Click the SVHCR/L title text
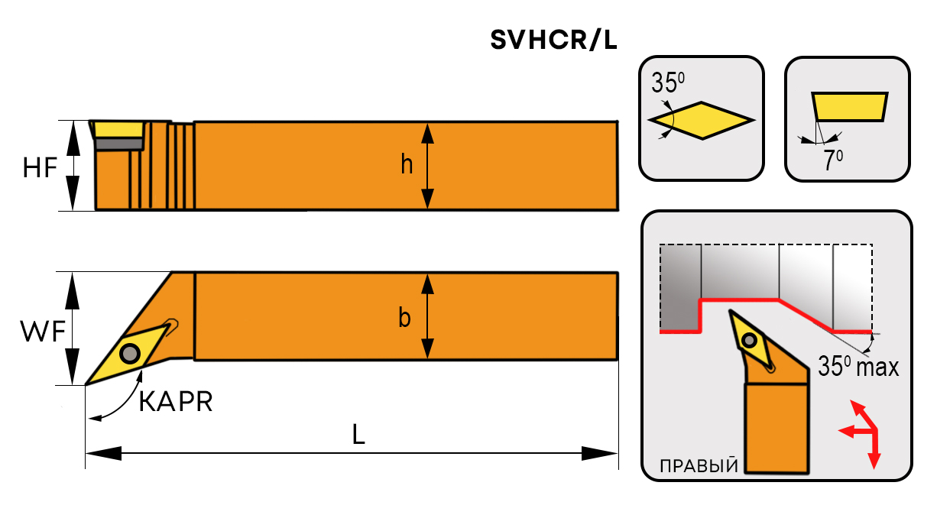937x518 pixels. pyautogui.click(x=553, y=40)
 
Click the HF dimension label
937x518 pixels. pyautogui.click(x=40, y=166)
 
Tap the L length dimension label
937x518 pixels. pyautogui.click(x=358, y=434)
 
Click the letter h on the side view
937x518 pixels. pyautogui.click(x=407, y=164)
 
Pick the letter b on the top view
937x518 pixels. pyautogui.click(x=404, y=317)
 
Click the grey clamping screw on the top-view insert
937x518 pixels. pyautogui.click(x=129, y=353)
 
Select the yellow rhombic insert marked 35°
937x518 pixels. pyautogui.click(x=702, y=120)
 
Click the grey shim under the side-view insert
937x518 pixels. pyautogui.click(x=119, y=144)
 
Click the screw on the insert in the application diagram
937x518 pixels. pyautogui.click(x=751, y=340)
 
